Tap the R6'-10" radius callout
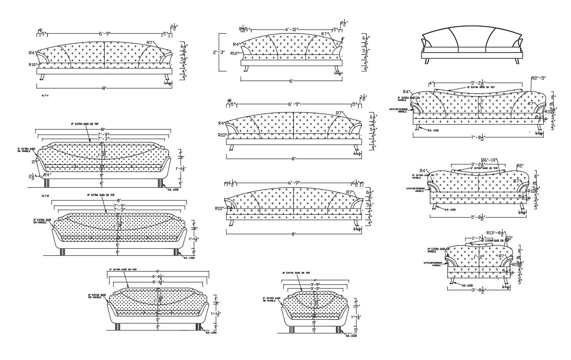489,160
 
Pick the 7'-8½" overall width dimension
478,137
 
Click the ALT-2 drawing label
45,195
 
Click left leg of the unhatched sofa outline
426,61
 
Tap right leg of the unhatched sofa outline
517,61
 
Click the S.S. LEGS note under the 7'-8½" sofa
434,130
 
